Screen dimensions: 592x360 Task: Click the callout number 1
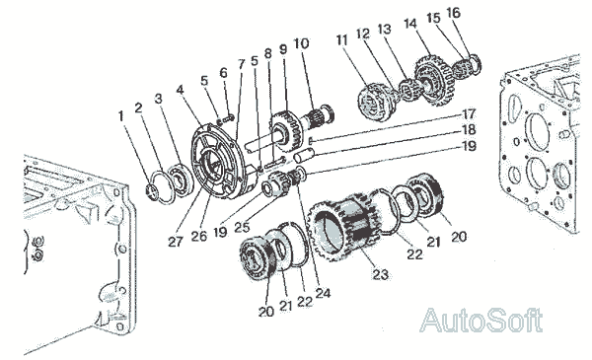(x=121, y=116)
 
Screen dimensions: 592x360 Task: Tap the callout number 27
(x=176, y=242)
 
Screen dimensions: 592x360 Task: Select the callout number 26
(x=199, y=237)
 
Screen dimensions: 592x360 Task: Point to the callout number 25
(x=242, y=227)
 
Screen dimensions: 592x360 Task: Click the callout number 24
(x=324, y=293)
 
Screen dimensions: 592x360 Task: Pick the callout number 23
(x=380, y=274)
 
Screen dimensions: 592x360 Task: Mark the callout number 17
(x=469, y=114)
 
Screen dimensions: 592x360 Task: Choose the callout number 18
(x=469, y=130)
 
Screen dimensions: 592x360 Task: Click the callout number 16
(x=454, y=13)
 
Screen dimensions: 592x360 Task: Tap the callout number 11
(x=342, y=40)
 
